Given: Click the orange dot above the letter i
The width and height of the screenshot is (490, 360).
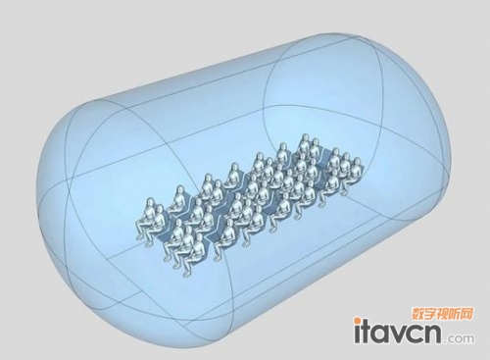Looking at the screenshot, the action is [x=358, y=319].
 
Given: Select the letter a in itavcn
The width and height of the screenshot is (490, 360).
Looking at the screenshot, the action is [x=381, y=334].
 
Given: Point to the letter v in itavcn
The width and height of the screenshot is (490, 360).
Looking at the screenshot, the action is [x=399, y=334].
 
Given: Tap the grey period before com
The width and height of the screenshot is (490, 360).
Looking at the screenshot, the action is [x=445, y=341].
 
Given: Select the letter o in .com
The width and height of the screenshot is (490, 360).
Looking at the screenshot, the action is [x=458, y=338].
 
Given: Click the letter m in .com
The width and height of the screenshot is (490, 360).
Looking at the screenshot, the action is [x=468, y=338].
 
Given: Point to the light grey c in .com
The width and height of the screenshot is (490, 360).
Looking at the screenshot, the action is [x=450, y=338].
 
